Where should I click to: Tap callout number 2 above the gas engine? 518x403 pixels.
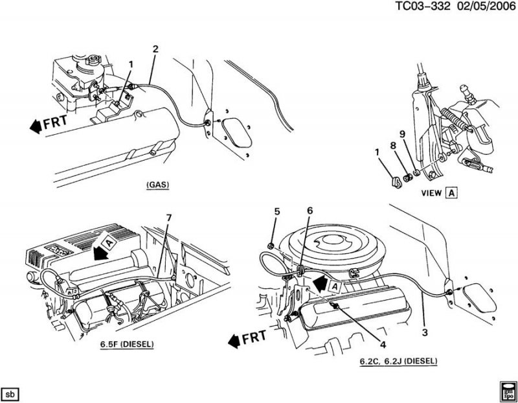pos(155,49)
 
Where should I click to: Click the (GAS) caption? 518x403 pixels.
pos(157,185)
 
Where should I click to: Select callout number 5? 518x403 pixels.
pos(276,211)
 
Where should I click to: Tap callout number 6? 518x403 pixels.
pos(310,211)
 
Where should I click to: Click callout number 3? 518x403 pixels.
pos(425,333)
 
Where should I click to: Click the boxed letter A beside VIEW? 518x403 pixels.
pos(451,192)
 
